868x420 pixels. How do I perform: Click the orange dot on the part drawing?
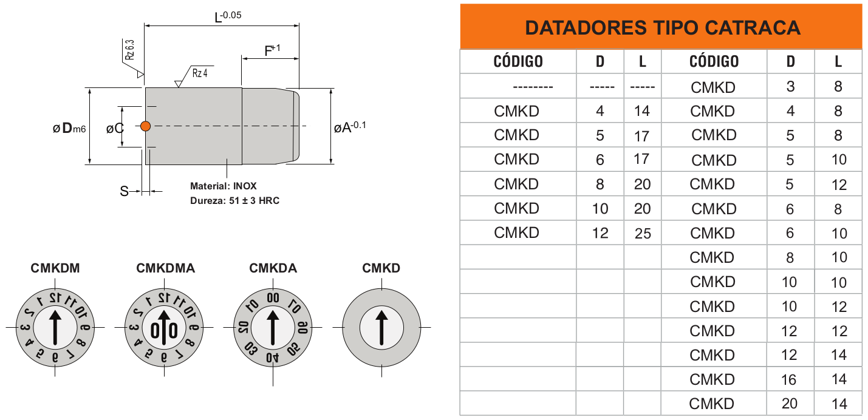(145, 126)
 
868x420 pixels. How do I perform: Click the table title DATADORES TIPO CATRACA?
(662, 27)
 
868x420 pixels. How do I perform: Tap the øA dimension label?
(350, 127)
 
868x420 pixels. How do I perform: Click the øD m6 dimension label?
(69, 128)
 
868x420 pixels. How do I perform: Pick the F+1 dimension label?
(272, 50)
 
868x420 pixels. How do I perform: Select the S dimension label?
(124, 192)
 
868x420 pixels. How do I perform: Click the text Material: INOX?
(223, 186)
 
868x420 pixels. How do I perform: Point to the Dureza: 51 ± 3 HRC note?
(234, 200)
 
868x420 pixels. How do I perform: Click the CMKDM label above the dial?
(55, 268)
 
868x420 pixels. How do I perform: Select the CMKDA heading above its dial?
(273, 268)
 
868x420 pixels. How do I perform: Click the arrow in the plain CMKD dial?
(381, 328)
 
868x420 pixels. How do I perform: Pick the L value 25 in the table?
(643, 234)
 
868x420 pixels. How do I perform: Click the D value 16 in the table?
(790, 380)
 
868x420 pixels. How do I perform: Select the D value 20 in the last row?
(790, 404)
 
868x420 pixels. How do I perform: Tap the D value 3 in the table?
(790, 87)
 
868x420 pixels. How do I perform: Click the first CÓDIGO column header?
(518, 61)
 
